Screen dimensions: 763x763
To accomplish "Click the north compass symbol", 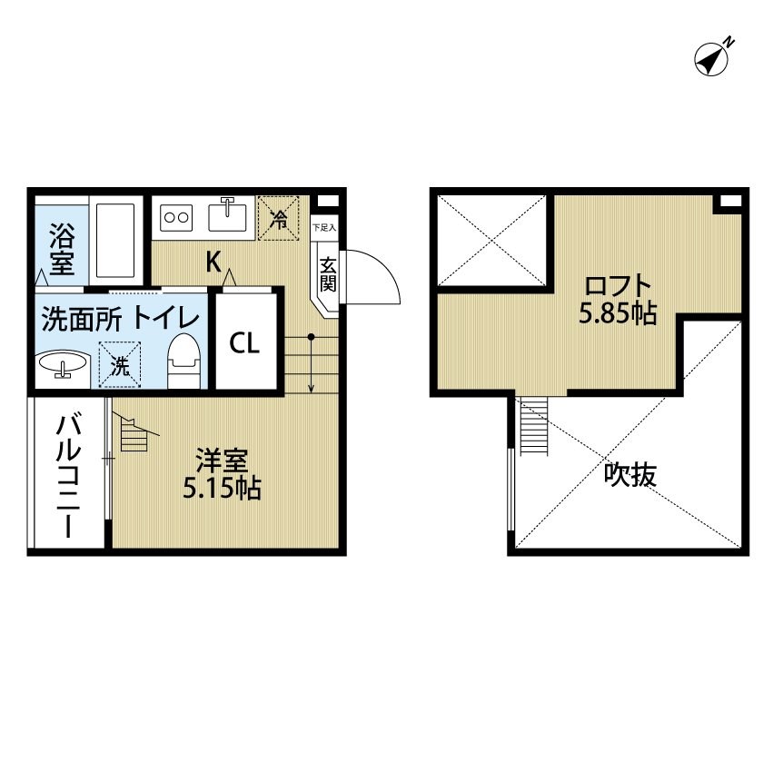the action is [x=711, y=59].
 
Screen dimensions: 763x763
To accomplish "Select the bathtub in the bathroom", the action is [x=115, y=240].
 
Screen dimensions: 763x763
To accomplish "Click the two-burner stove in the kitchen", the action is [x=176, y=217].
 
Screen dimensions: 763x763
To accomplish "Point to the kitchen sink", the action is [x=227, y=215].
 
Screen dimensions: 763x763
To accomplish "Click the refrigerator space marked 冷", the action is [x=278, y=218].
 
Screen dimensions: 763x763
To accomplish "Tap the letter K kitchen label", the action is [x=213, y=263].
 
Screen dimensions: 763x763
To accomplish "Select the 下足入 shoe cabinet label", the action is [x=323, y=227].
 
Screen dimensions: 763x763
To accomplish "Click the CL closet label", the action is [x=244, y=343].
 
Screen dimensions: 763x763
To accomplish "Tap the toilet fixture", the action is [x=183, y=361].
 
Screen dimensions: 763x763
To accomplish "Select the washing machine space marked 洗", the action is [x=120, y=364].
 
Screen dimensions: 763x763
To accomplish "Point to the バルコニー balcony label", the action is [x=69, y=475].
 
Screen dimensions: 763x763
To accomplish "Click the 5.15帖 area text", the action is [x=222, y=488].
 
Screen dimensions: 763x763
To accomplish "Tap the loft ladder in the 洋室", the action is [x=134, y=432].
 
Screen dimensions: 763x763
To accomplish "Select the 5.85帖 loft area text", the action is [x=618, y=314].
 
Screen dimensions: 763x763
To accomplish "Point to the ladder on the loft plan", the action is [x=534, y=426].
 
